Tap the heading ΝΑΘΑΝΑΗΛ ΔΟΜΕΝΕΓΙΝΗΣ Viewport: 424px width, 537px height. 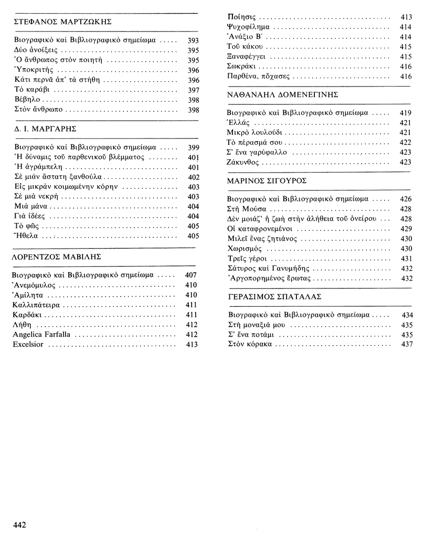coord(282,94)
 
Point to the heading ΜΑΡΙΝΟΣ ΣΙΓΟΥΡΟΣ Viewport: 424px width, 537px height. coord(267,180)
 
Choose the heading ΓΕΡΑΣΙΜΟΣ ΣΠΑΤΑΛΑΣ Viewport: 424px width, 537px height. coord(274,296)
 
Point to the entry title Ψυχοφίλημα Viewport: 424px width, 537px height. coord(249,27)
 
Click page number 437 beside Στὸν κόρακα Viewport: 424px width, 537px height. coord(407,345)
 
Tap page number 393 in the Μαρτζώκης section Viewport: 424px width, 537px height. coord(193,40)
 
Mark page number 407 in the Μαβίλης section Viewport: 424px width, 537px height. coord(191,275)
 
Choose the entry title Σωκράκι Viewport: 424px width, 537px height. coord(243,67)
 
